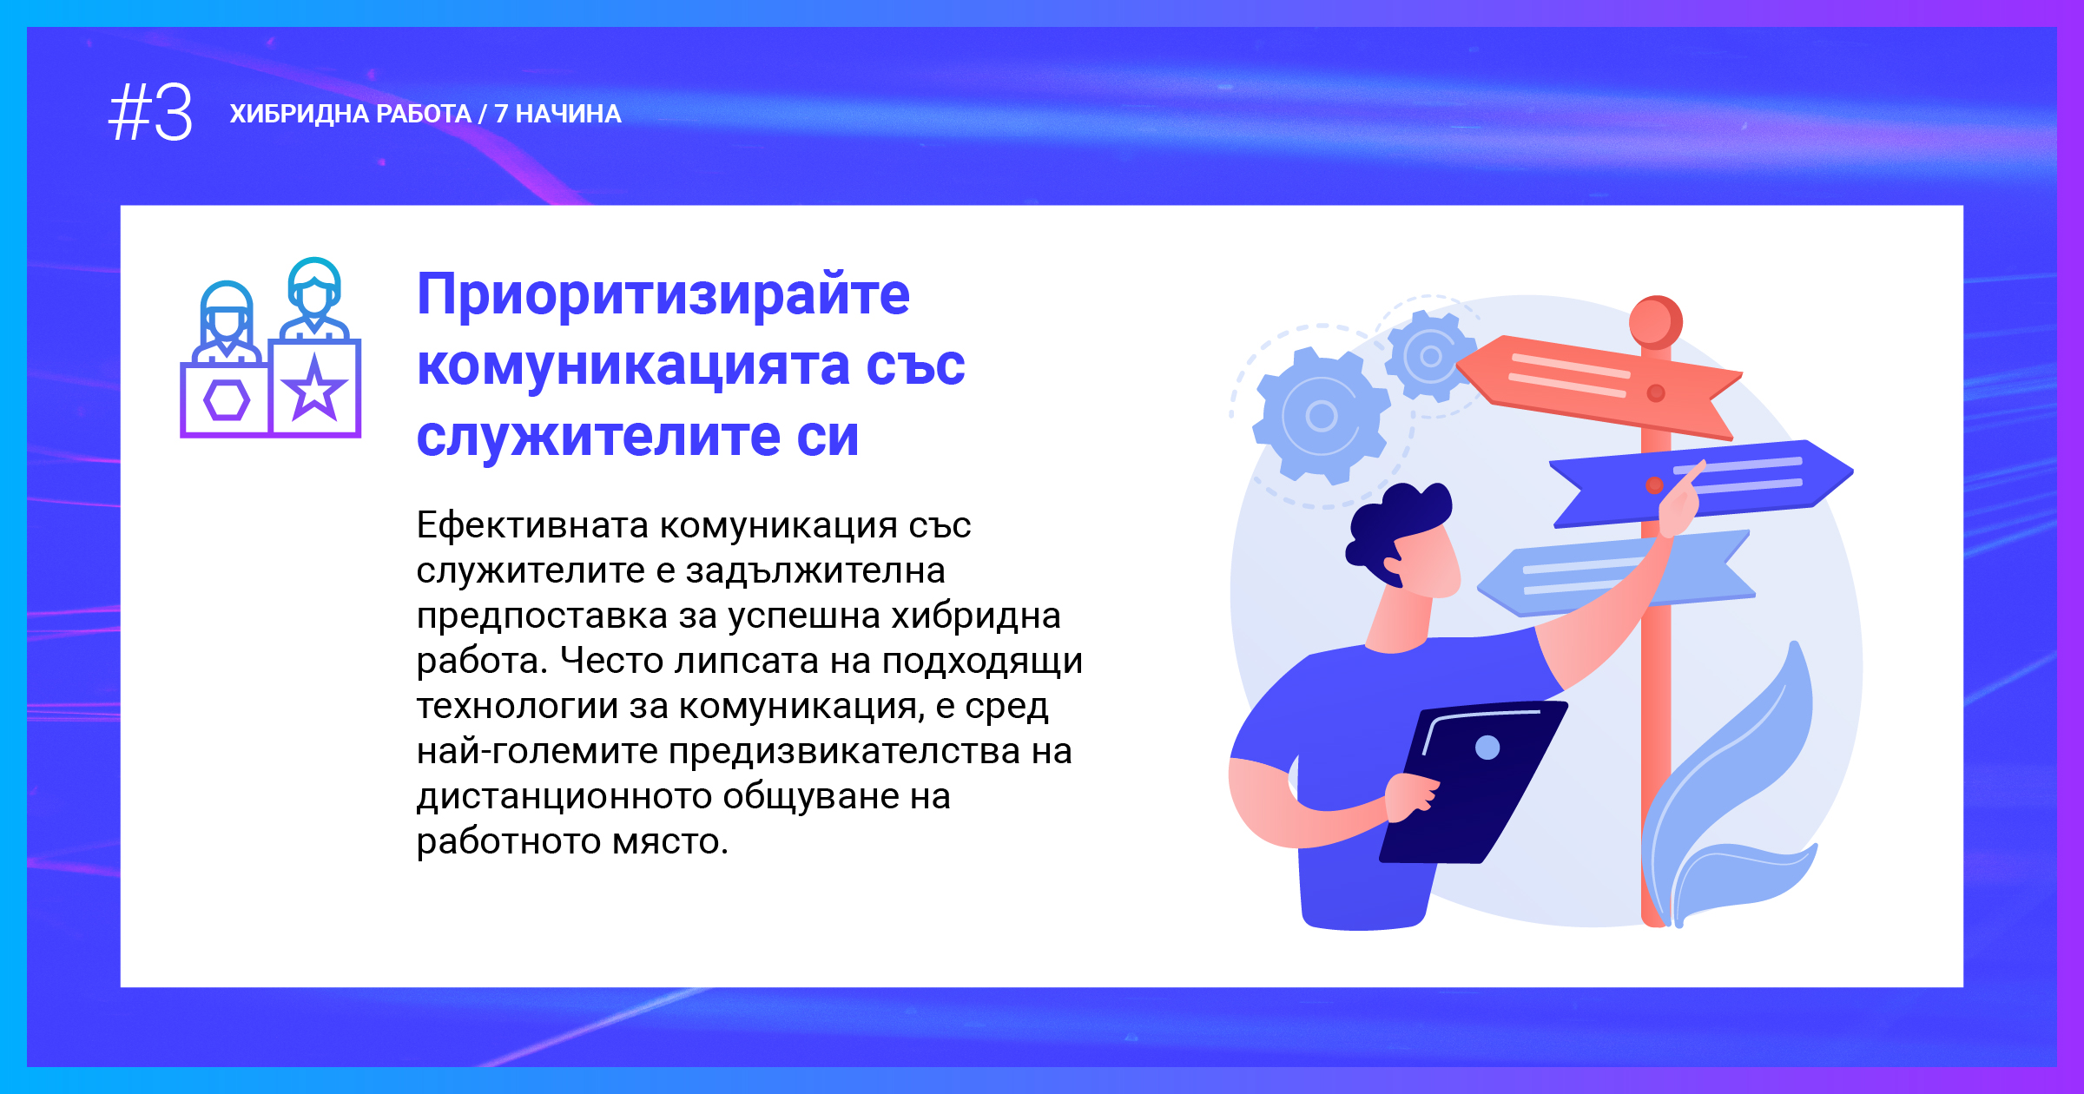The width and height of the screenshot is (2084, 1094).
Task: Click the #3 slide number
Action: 150,113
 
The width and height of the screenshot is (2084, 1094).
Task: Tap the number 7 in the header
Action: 501,114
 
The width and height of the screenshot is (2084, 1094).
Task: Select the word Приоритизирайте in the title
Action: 663,295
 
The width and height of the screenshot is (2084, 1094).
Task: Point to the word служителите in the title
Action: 598,436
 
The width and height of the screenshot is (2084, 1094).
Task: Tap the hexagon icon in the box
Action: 227,400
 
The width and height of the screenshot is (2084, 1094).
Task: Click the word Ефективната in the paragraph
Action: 532,525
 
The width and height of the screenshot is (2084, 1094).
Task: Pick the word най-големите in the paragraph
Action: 537,751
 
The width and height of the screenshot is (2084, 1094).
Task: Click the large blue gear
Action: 1321,415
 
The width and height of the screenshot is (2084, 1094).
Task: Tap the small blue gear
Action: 1430,356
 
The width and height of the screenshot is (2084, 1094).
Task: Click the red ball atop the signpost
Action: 1656,322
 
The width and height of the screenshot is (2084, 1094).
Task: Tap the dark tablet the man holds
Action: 1474,781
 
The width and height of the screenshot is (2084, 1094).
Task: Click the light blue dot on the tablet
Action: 1487,748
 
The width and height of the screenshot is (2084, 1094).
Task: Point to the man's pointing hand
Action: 1680,504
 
